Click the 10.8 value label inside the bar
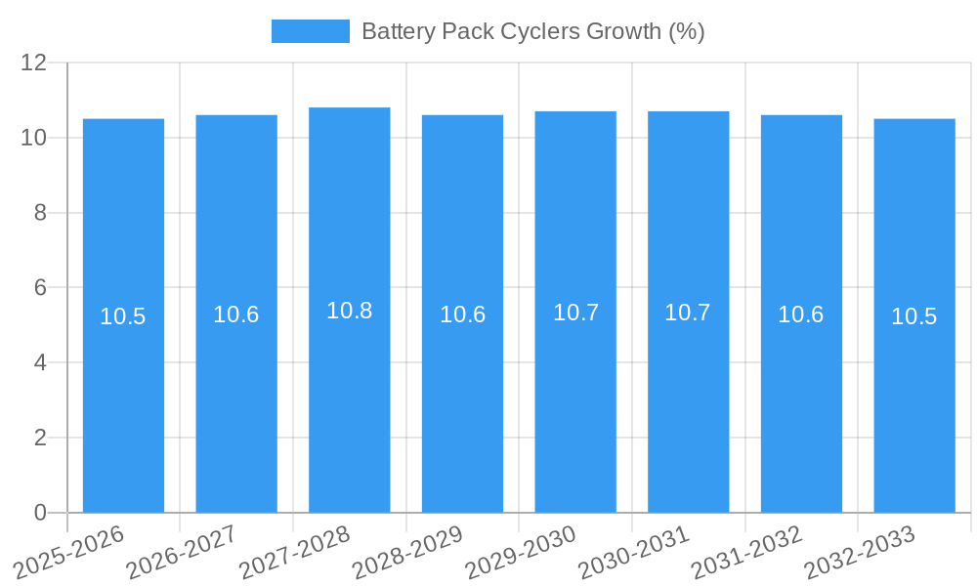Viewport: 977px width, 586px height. [350, 311]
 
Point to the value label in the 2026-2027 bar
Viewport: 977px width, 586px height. [236, 314]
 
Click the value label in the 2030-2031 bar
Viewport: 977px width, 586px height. [688, 313]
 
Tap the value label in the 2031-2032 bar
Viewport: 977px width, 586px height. [801, 314]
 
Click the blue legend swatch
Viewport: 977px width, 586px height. [310, 31]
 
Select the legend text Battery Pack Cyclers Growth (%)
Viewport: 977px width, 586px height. [532, 31]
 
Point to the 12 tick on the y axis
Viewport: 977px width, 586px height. [34, 63]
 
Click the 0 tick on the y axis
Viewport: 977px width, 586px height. [40, 513]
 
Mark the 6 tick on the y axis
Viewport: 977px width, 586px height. [40, 288]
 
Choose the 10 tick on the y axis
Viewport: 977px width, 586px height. [34, 138]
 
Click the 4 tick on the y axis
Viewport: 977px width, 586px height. [40, 362]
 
